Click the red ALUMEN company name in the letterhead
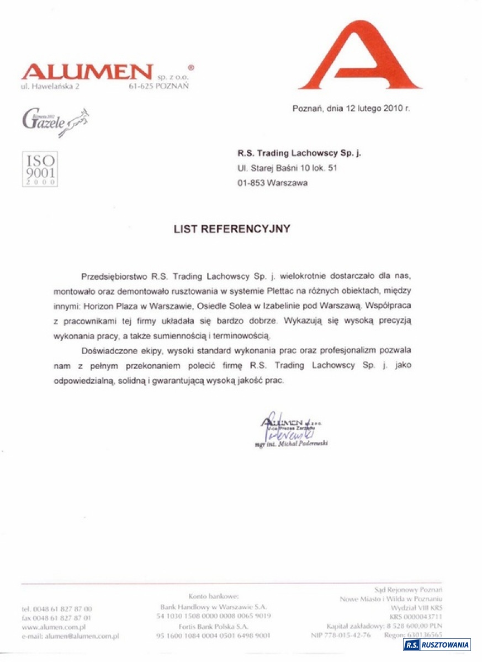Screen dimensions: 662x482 [x=87, y=72]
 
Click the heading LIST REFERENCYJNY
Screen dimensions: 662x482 [x=232, y=229]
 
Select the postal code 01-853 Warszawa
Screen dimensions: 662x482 [x=273, y=183]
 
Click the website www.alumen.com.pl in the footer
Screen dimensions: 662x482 [x=54, y=627]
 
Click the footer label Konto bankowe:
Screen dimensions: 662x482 [x=213, y=596]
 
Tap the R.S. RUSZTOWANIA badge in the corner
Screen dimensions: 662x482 [x=437, y=645]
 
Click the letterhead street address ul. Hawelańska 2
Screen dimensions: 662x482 [x=50, y=87]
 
